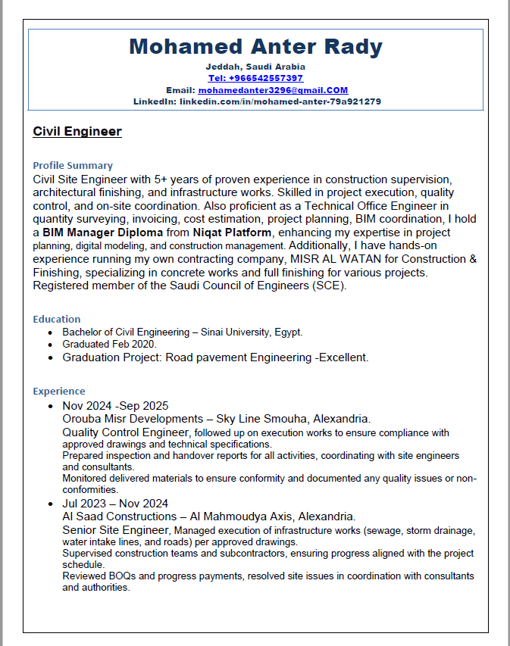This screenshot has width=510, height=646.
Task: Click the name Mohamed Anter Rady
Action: point(255,47)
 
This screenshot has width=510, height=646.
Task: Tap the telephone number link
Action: point(255,78)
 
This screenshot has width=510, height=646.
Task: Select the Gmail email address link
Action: point(273,89)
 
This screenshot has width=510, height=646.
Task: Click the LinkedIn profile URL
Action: point(280,101)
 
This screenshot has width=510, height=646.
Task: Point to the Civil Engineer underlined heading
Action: point(77,132)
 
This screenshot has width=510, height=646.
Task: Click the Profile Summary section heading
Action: point(73,165)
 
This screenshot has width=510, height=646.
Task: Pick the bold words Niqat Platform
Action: point(232,232)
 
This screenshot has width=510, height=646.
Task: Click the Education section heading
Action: point(57,319)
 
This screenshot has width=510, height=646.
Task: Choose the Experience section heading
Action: point(59,391)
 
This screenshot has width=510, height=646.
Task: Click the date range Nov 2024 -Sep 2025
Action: point(115,406)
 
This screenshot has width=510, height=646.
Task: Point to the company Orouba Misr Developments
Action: point(135,419)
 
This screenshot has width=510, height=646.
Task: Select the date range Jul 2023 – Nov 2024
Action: point(115,504)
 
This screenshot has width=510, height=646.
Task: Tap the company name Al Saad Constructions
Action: point(120,516)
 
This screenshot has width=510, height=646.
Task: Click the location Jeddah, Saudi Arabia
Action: point(255,67)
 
